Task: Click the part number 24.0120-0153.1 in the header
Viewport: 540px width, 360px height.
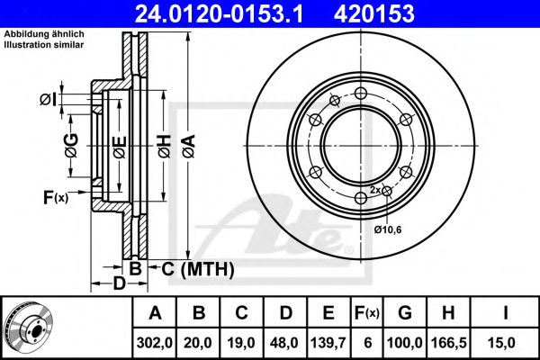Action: pyautogui.click(x=219, y=13)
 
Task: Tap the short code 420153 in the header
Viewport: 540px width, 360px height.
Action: pyautogui.click(x=374, y=13)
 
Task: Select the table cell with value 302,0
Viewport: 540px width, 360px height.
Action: pyautogui.click(x=154, y=343)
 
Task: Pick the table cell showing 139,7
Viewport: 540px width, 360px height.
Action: pyautogui.click(x=328, y=343)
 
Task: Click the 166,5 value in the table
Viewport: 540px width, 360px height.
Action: pyautogui.click(x=448, y=343)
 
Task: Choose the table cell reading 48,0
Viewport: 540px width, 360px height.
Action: pyautogui.click(x=285, y=343)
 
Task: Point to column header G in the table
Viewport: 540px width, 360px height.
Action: pyautogui.click(x=405, y=313)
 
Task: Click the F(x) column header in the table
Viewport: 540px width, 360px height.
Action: pyautogui.click(x=367, y=313)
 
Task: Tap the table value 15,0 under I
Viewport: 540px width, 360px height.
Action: pyautogui.click(x=505, y=343)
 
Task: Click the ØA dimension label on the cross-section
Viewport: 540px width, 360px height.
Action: pyautogui.click(x=189, y=147)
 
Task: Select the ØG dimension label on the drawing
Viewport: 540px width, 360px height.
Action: pyautogui.click(x=72, y=146)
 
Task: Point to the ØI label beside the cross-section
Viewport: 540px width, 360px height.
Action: pyautogui.click(x=48, y=100)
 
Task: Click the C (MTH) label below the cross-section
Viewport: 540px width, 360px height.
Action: pyautogui.click(x=198, y=269)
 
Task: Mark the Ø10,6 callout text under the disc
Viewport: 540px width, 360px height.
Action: pyautogui.click(x=388, y=229)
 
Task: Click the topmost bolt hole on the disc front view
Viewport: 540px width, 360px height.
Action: pyautogui.click(x=361, y=93)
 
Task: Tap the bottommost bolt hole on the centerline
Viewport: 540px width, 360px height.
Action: pyautogui.click(x=361, y=198)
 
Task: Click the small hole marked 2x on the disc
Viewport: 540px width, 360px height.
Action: pyautogui.click(x=387, y=191)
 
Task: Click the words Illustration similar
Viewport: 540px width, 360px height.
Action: pyautogui.click(x=44, y=44)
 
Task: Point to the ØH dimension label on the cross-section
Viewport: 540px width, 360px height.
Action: pyautogui.click(x=165, y=147)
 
